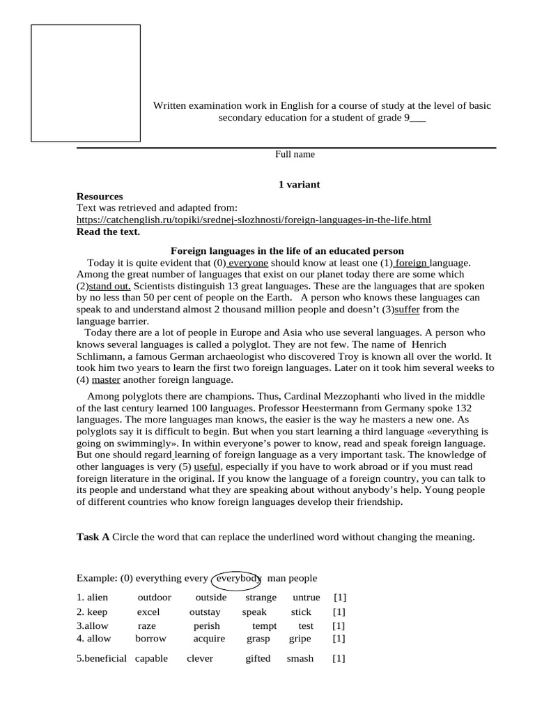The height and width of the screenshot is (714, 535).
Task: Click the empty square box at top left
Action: tap(86, 83)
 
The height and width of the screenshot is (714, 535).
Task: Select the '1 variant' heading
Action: tap(299, 184)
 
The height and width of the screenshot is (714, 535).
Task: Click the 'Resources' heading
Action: tap(100, 197)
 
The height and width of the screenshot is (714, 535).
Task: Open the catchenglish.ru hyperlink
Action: tap(254, 220)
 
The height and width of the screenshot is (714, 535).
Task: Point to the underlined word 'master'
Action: tap(106, 380)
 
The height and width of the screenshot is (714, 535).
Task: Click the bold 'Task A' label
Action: tap(93, 537)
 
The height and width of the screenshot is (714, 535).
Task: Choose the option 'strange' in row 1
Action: tap(261, 598)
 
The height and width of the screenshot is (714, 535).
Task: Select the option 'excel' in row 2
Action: tap(148, 612)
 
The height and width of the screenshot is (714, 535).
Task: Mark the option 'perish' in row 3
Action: tap(206, 626)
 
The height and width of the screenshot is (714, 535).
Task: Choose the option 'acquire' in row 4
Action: tap(209, 638)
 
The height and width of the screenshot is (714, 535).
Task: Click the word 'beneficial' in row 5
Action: tap(102, 658)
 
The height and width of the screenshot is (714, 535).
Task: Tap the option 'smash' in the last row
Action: tap(300, 658)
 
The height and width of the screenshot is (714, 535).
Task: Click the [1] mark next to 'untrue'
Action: tap(339, 598)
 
